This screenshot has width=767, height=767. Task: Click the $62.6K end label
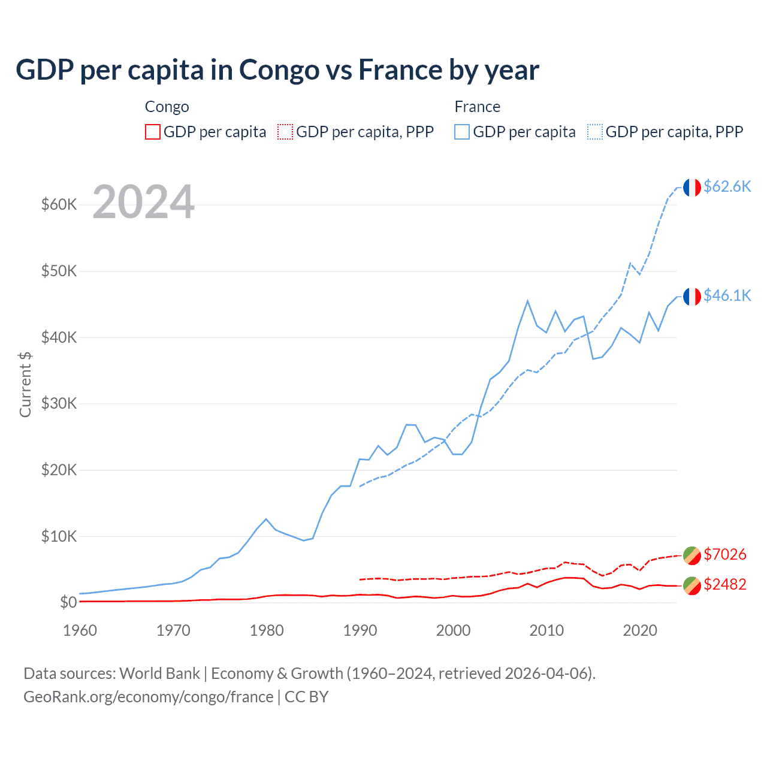click(x=727, y=187)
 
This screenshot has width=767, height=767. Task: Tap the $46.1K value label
click(x=727, y=295)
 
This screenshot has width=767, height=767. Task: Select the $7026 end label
click(x=724, y=554)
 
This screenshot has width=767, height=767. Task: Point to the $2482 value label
click(x=724, y=584)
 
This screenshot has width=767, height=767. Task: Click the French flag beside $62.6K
click(x=691, y=188)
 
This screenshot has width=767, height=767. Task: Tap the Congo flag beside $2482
click(x=691, y=585)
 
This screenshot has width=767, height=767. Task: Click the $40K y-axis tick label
click(x=59, y=337)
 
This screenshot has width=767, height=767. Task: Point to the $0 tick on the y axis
click(x=68, y=602)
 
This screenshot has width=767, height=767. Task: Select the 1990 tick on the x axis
click(x=360, y=630)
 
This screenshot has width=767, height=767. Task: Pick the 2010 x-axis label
click(x=546, y=630)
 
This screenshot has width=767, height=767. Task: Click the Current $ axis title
click(x=25, y=384)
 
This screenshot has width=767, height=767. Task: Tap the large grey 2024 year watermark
click(x=143, y=202)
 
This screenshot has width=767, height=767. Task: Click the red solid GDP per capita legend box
click(x=153, y=132)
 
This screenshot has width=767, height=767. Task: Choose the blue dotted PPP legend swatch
click(x=595, y=132)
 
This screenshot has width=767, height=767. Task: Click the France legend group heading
click(x=477, y=107)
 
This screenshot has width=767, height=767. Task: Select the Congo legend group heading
click(x=167, y=107)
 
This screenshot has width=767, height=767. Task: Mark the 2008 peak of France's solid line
click(x=527, y=301)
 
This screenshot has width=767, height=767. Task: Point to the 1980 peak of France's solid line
click(x=266, y=519)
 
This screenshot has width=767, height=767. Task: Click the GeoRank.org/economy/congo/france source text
click(x=148, y=697)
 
